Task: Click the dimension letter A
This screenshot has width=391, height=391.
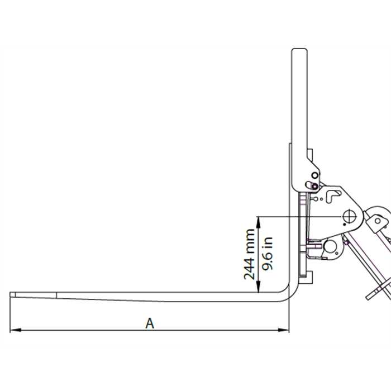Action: coord(149,323)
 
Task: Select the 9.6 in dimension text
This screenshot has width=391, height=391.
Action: coord(268,254)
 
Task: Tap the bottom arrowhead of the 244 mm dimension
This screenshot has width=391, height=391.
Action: coord(258,290)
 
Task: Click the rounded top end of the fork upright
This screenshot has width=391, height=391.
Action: coord(298,53)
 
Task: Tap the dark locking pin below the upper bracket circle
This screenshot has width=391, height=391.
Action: coord(314,185)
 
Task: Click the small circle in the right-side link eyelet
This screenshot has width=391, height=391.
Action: coord(378,221)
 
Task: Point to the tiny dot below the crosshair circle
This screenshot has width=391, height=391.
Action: coord(345,225)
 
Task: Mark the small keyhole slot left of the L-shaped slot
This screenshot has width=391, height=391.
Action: coord(316,197)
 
